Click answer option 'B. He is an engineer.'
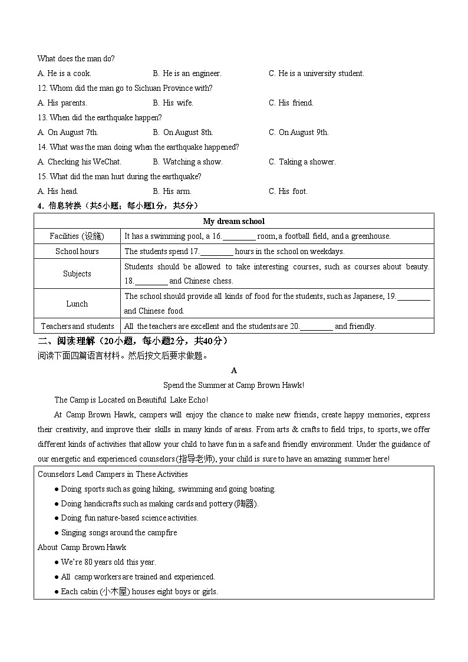coord(187,74)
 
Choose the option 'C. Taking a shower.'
coord(302,162)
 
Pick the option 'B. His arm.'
coord(172,192)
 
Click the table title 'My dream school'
coord(233,221)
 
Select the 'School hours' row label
coord(77,252)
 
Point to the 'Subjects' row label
coord(77,274)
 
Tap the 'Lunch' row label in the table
coord(77,304)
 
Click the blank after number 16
coord(239,236)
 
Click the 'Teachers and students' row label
coord(77,327)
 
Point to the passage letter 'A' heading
coord(234,371)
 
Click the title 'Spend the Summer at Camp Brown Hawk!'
coord(233,386)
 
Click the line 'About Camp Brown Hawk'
coord(82,548)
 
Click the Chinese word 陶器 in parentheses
coord(246,504)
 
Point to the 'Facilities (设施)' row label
coord(77,236)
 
